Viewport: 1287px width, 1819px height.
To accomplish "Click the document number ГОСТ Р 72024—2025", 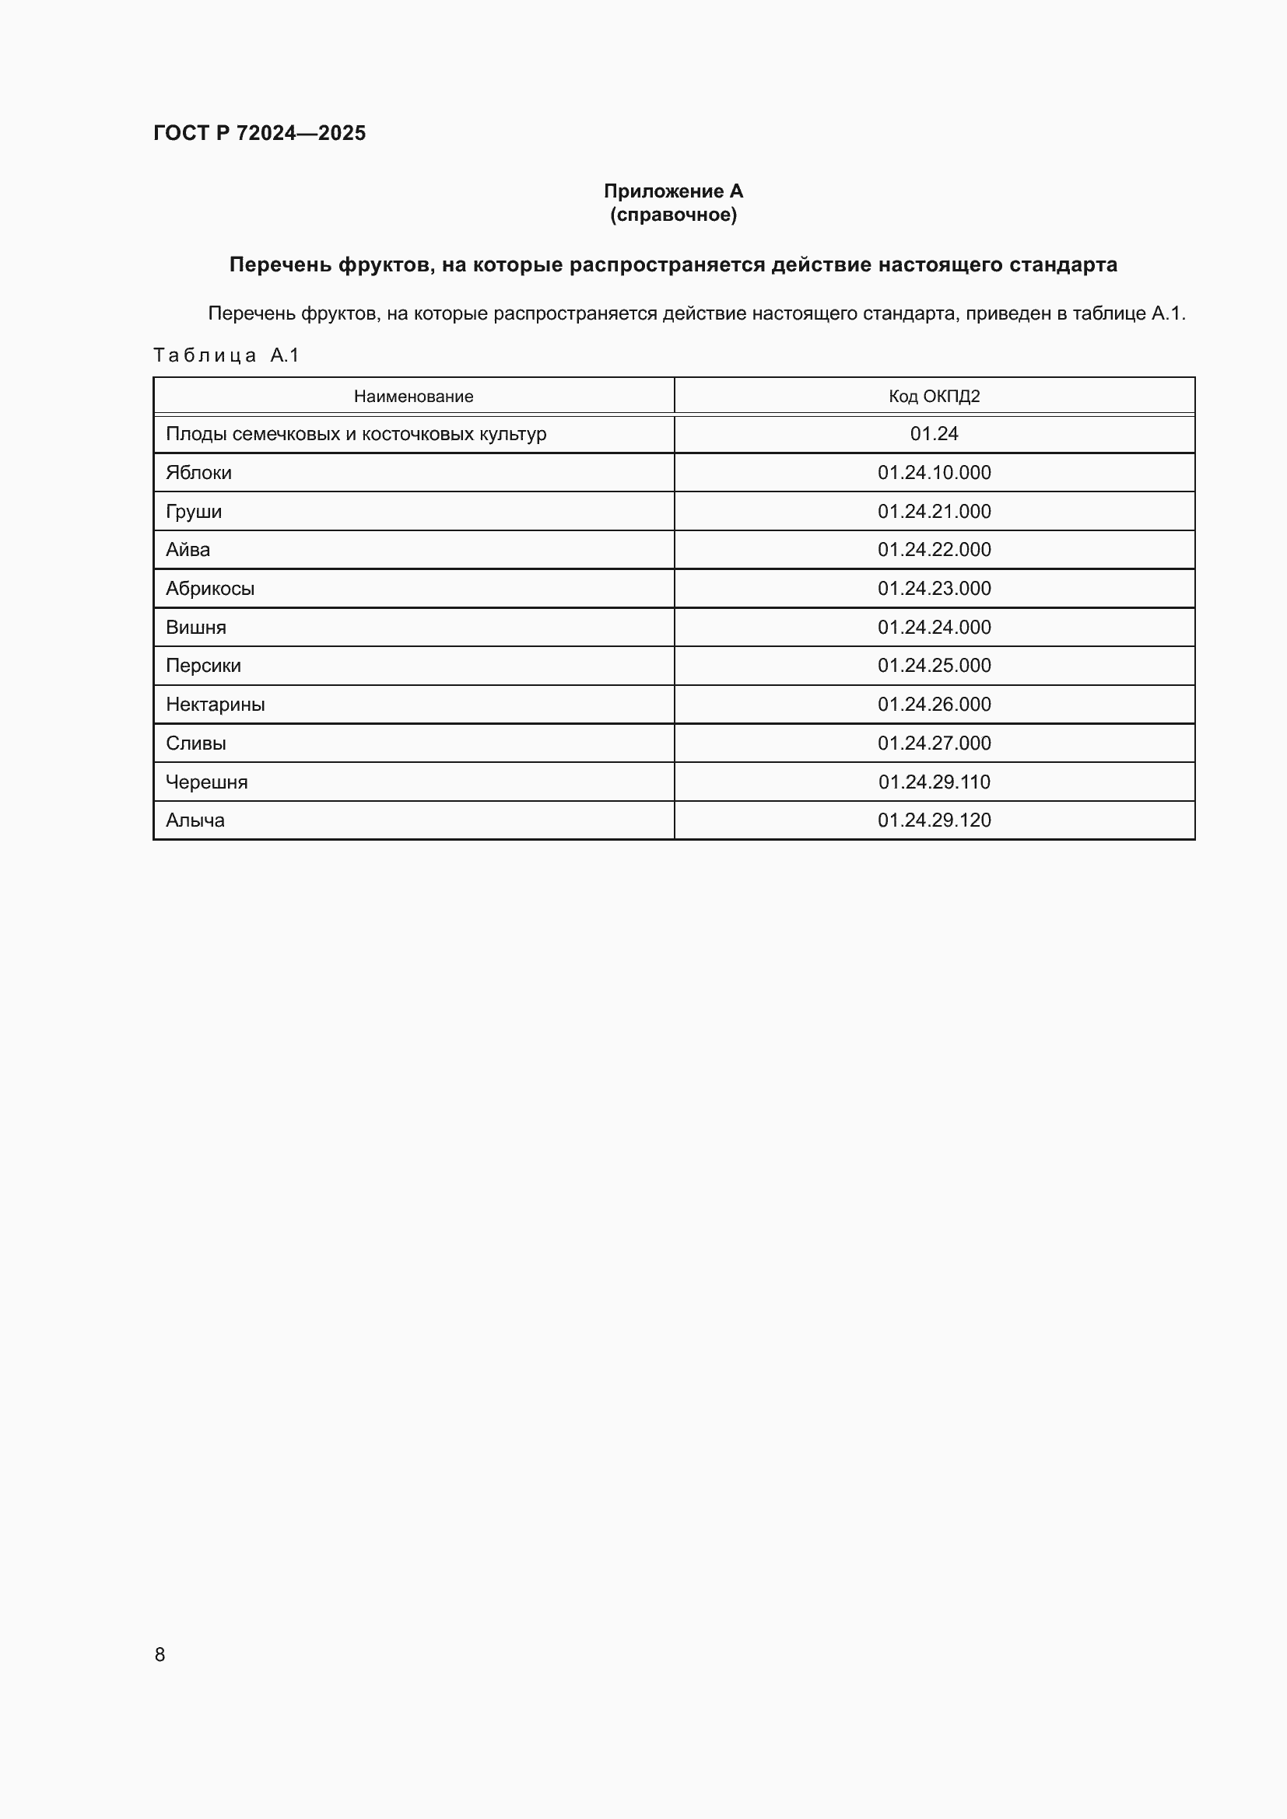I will [x=259, y=133].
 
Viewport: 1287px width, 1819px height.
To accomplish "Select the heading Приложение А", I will [x=673, y=191].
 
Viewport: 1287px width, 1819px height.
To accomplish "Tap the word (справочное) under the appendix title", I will [x=673, y=215].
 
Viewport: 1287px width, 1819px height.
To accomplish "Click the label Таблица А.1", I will [x=226, y=355].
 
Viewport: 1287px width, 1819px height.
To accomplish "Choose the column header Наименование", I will [x=413, y=396].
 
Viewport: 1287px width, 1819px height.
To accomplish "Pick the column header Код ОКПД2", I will [x=934, y=396].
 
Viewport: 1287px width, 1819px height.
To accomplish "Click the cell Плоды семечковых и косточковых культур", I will [x=356, y=434].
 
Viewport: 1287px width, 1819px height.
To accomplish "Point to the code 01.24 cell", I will [x=934, y=434].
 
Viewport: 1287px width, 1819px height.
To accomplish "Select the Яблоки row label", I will [x=199, y=473].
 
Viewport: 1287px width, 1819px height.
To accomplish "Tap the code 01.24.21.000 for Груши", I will [x=934, y=512].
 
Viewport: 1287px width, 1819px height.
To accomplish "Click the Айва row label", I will [x=188, y=550].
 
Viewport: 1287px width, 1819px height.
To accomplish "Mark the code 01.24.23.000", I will [x=934, y=589].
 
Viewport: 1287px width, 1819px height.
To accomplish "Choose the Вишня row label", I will [x=196, y=628].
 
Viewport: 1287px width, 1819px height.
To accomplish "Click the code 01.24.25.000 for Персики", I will [x=934, y=666].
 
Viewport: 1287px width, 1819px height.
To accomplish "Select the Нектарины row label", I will [x=215, y=705].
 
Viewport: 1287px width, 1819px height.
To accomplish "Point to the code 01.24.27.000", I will [x=934, y=743].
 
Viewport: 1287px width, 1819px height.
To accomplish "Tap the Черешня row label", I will [x=206, y=782].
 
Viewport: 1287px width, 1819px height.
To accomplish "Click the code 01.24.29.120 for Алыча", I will [x=934, y=820].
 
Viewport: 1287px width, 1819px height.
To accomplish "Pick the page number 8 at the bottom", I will [x=160, y=1654].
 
